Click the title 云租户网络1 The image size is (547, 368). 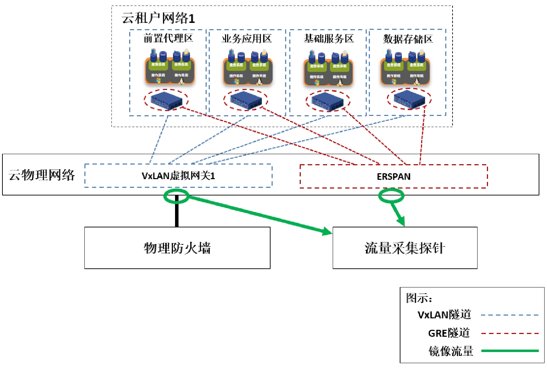[x=158, y=18]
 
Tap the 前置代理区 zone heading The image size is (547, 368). [x=168, y=38]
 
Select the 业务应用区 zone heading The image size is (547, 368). [x=247, y=39]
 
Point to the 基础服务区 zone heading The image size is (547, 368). [x=329, y=39]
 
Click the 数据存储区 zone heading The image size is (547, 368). [x=408, y=39]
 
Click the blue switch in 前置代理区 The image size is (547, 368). [x=166, y=100]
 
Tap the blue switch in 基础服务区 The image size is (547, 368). [x=328, y=101]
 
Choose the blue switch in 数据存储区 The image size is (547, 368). [x=409, y=99]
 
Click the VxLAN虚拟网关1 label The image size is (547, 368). [x=178, y=176]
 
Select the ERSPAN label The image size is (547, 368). [x=393, y=177]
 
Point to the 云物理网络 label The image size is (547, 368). [x=42, y=175]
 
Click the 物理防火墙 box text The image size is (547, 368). [x=177, y=248]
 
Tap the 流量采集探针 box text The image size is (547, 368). [x=405, y=248]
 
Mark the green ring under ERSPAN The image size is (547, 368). [x=391, y=196]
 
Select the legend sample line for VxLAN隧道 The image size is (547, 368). [x=509, y=315]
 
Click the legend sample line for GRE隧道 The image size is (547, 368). [x=509, y=333]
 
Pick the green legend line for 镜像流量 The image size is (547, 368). [x=509, y=351]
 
